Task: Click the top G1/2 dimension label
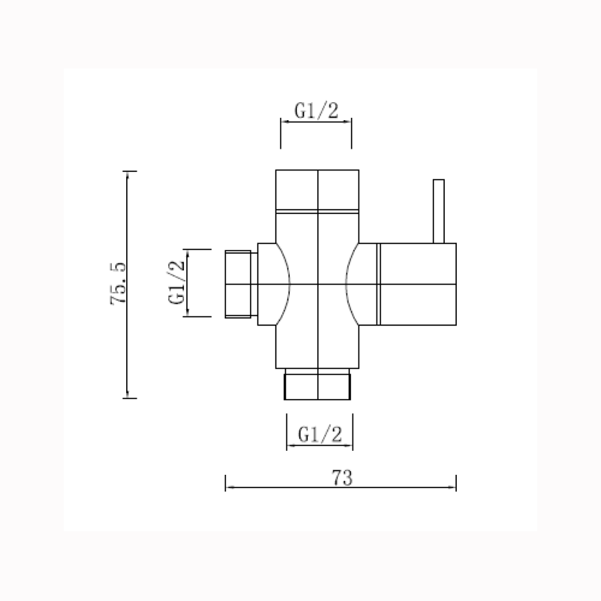(x=316, y=110)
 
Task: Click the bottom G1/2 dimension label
(x=320, y=434)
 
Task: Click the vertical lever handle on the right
(x=439, y=211)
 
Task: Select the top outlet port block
(x=319, y=192)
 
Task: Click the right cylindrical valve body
(x=417, y=285)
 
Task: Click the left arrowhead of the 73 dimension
(x=230, y=488)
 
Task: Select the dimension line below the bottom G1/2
(x=320, y=446)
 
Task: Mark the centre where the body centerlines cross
(x=319, y=285)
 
